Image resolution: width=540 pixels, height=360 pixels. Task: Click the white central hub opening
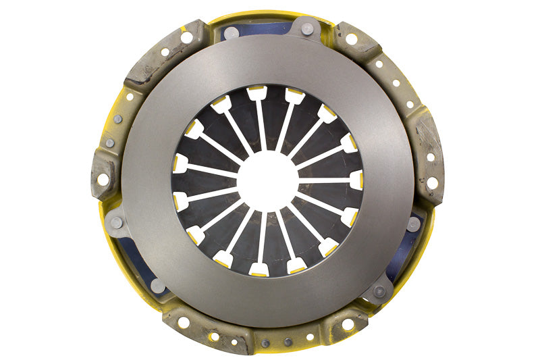[268, 180]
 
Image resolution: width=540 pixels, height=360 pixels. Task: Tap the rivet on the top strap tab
[308, 28]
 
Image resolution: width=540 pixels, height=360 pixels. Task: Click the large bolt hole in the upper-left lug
[186, 37]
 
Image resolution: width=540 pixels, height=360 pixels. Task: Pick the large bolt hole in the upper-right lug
[351, 39]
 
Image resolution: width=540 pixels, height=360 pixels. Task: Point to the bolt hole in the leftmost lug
[103, 180]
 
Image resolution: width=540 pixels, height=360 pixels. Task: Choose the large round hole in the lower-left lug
[183, 323]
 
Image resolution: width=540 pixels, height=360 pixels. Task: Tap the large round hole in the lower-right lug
[348, 325]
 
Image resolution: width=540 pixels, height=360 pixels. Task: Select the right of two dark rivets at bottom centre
[286, 342]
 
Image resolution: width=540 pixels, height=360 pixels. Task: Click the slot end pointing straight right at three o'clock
[356, 180]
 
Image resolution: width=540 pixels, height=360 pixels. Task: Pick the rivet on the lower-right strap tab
[380, 291]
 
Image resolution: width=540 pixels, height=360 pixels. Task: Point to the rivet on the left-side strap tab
[116, 222]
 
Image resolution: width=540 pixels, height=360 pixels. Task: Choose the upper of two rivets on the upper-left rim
[118, 119]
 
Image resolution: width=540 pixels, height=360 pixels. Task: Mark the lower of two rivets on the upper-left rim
[110, 143]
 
